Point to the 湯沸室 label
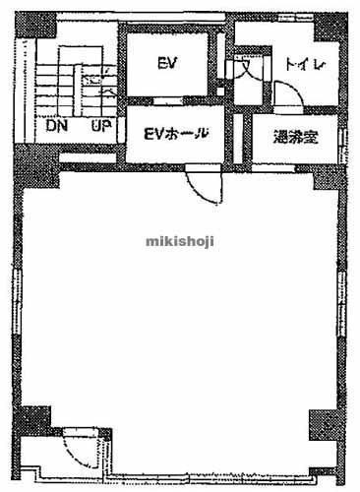coord(294,138)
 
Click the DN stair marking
coord(54,126)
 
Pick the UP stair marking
coord(99,126)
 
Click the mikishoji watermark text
coord(180,239)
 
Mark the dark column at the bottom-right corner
coord(324,425)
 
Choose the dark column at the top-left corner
coord(30,22)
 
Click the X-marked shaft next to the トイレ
coord(243,73)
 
